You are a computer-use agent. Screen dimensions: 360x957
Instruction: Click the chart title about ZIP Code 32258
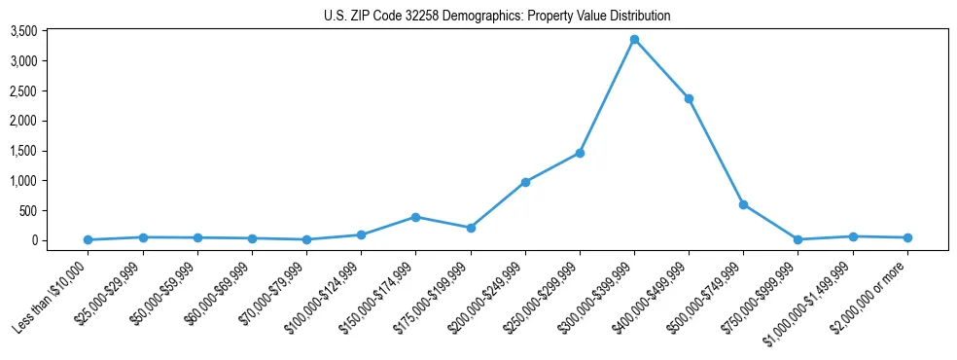(497, 17)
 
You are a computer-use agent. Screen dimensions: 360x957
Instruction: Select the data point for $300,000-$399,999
(634, 40)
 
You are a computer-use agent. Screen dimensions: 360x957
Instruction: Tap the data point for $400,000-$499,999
(689, 98)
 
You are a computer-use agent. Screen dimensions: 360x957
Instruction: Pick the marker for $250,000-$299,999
(580, 153)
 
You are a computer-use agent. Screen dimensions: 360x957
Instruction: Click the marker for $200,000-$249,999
(525, 182)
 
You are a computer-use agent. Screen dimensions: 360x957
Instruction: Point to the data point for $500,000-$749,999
(743, 204)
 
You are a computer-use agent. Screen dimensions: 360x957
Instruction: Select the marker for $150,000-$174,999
(415, 217)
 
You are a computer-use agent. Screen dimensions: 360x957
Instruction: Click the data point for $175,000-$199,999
(471, 228)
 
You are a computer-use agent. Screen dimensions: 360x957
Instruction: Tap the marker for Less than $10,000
(89, 239)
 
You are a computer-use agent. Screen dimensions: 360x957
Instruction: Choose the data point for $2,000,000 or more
(907, 237)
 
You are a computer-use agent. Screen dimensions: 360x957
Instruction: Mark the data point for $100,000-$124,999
(361, 234)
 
